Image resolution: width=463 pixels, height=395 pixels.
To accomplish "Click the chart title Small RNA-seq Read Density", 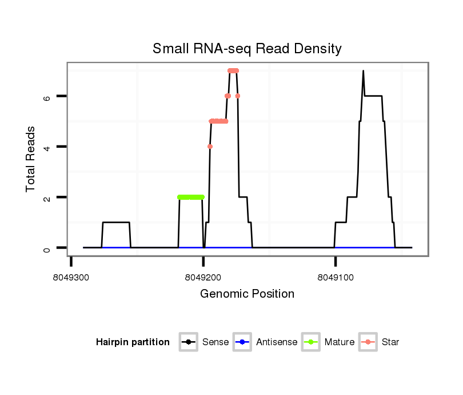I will (x=247, y=49).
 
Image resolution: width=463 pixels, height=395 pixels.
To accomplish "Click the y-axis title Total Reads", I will (x=31, y=159).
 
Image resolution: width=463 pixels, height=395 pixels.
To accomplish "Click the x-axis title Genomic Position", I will (x=247, y=294).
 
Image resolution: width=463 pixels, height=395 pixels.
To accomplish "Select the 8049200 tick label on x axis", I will (x=203, y=277).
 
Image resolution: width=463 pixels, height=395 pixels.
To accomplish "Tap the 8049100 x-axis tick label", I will (x=336, y=277).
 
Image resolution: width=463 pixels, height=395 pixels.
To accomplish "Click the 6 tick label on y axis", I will (x=48, y=96).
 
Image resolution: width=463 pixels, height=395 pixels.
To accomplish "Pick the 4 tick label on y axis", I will (x=48, y=147).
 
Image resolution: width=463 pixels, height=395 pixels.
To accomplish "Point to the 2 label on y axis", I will (x=48, y=197).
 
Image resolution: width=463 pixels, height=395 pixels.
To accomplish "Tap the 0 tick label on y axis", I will (x=48, y=248).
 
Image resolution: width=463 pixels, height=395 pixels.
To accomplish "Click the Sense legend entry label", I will (x=215, y=342).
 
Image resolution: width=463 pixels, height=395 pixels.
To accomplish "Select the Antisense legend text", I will (x=277, y=342).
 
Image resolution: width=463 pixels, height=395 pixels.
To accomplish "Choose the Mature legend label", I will (x=340, y=342).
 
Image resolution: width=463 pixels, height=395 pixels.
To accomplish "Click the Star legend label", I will (x=390, y=342).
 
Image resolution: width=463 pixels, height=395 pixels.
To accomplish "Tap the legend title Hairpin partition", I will (x=133, y=342).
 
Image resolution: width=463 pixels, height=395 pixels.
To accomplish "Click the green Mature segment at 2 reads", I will (x=191, y=197).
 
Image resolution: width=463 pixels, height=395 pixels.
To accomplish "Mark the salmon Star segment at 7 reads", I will (x=233, y=70).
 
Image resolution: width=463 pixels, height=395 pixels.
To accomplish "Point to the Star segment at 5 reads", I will (x=218, y=121).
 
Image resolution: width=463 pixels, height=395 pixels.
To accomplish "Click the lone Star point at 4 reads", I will (x=210, y=147).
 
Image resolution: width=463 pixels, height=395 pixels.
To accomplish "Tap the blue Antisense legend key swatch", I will (x=243, y=342).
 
